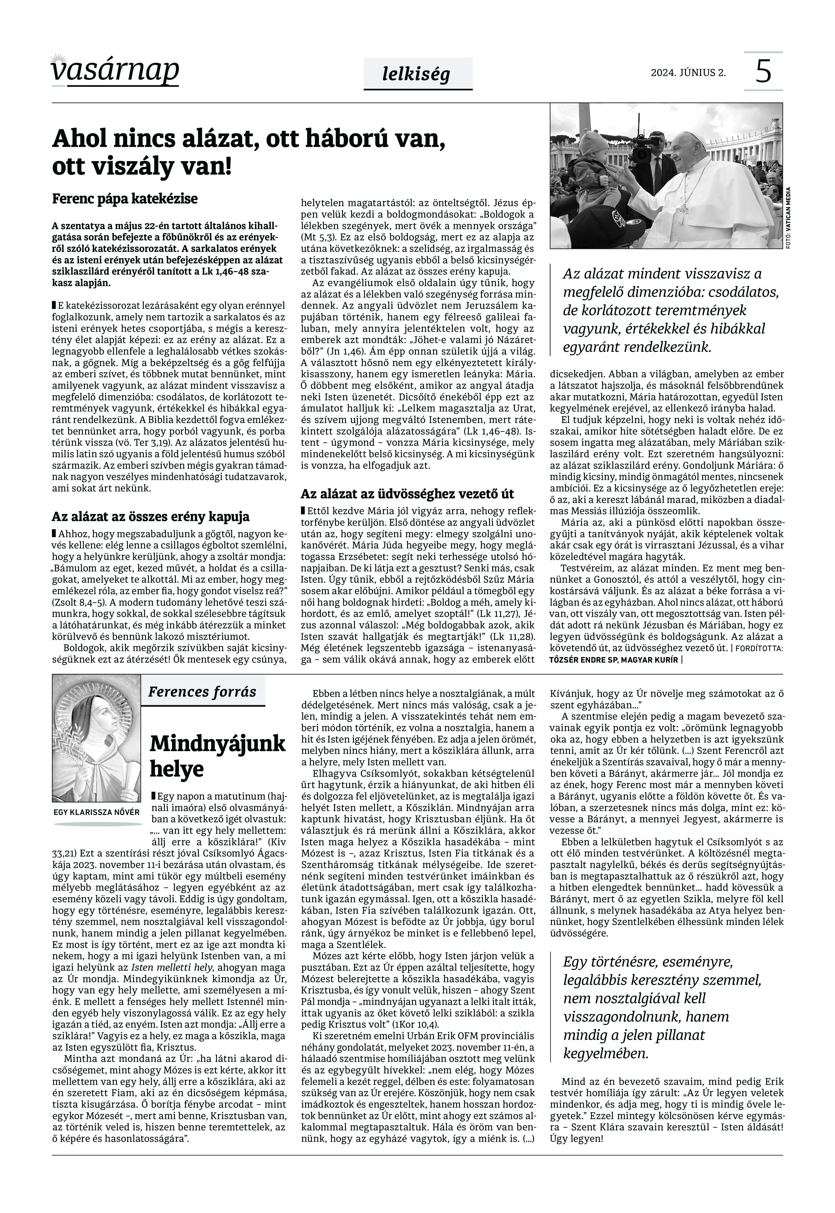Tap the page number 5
point(763,72)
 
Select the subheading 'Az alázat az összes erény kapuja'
point(150,517)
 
